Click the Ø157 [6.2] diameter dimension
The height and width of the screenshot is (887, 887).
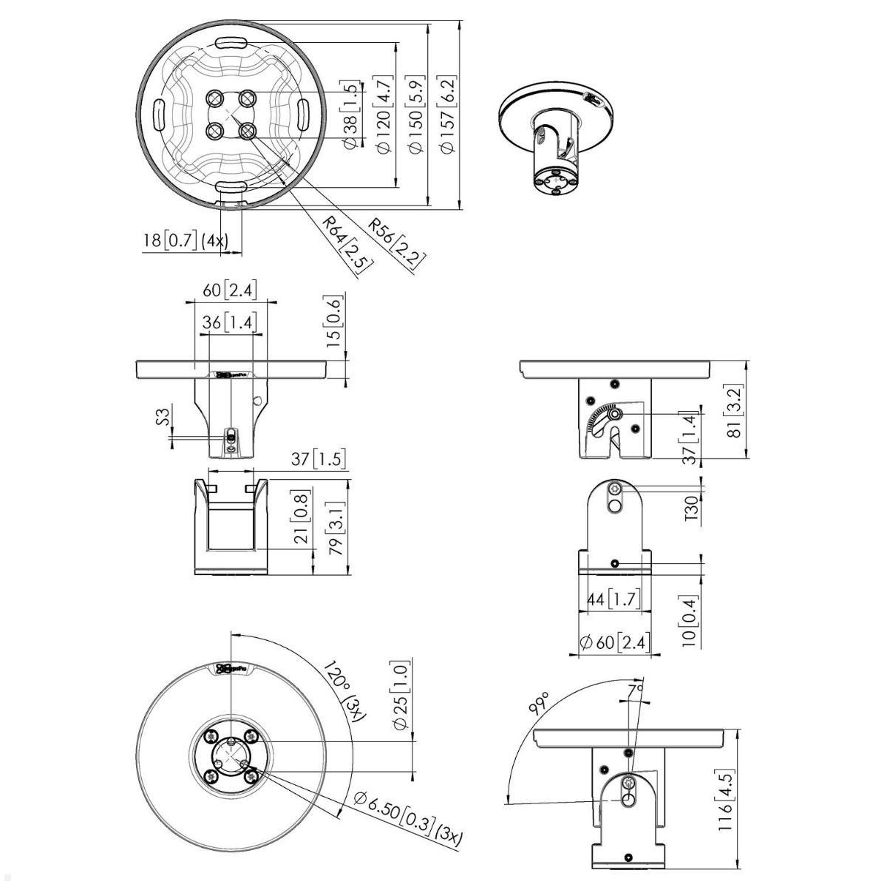(446, 115)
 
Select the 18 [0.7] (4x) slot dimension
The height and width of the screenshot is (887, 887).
(187, 240)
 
